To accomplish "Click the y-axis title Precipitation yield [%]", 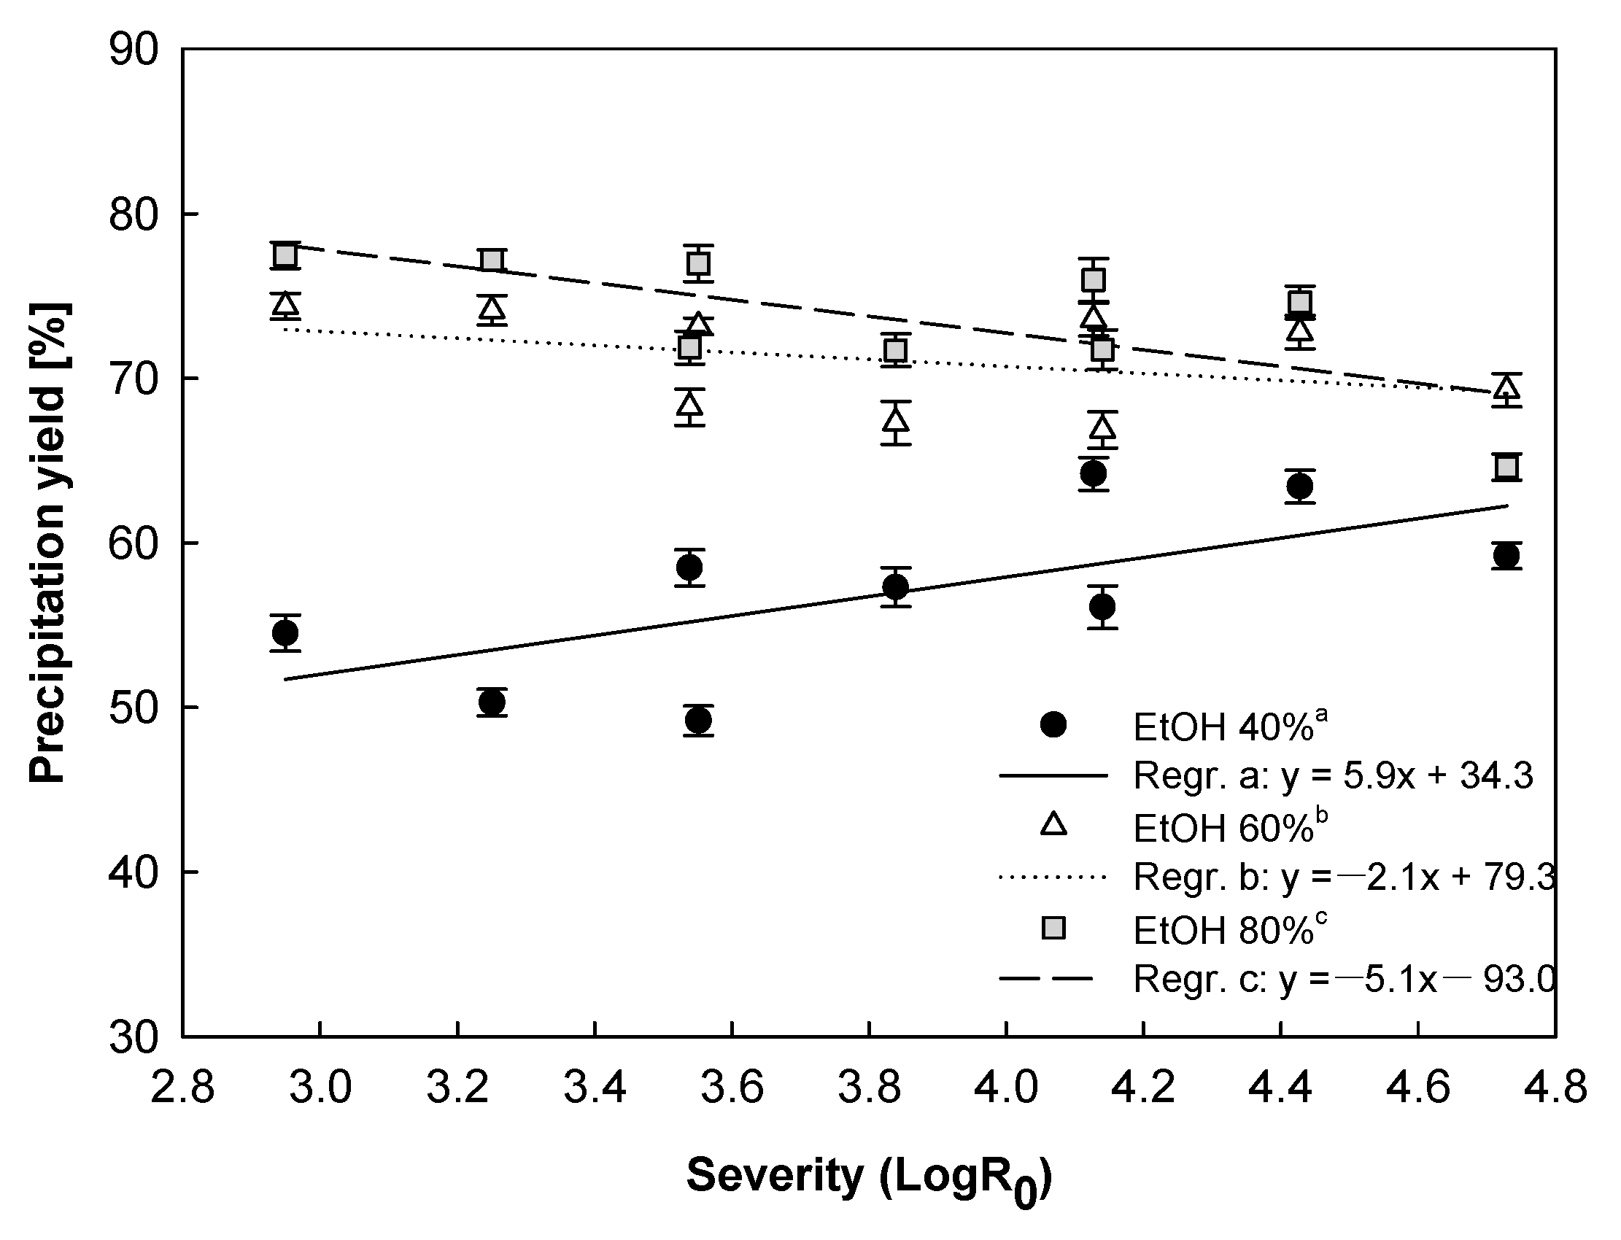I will [x=50, y=543].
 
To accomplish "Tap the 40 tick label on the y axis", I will [x=134, y=873].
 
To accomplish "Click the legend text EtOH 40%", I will [x=1229, y=727].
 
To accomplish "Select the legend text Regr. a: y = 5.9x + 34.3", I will [x=1332, y=776].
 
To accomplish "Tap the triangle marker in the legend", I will [x=1053, y=824].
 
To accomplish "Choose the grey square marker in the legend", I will [x=1053, y=928].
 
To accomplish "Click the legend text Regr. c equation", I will [x=1344, y=980].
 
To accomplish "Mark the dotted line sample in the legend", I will [x=1053, y=877].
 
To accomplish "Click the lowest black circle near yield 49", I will [x=698, y=720].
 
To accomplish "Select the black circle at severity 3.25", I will [x=492, y=702].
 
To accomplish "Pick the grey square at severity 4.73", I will [x=1506, y=468].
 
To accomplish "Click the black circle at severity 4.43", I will [x=1300, y=487].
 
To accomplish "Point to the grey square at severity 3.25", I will [x=492, y=260].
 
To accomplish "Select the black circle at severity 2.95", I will [x=285, y=632].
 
